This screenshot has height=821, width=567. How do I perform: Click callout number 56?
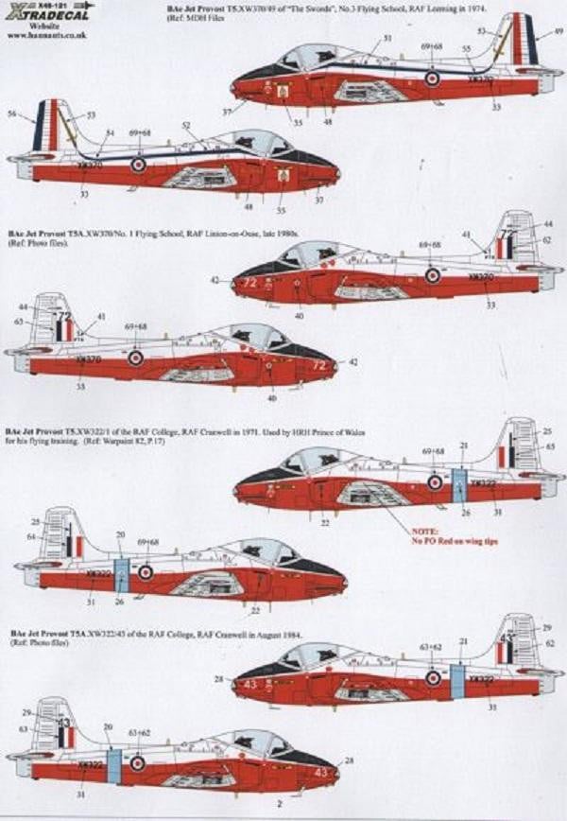tap(11, 114)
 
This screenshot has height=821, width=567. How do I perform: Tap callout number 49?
tap(558, 31)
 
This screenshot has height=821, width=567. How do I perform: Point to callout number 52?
tap(185, 126)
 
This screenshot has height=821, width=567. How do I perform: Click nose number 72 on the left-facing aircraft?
tap(250, 282)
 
